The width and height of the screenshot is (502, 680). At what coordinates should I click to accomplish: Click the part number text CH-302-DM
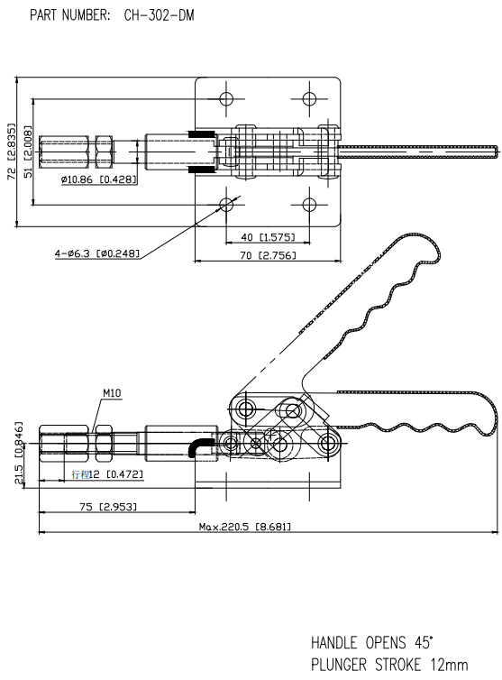tap(159, 15)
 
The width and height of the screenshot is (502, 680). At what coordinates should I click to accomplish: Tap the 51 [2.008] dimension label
tap(28, 152)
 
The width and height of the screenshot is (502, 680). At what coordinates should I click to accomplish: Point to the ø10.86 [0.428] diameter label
tap(98, 179)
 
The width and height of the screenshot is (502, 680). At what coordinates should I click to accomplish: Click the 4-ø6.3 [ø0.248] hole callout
tap(99, 253)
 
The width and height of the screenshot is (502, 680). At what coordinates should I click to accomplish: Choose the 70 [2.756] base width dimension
tap(268, 256)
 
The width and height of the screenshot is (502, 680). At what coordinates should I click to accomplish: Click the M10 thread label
tap(112, 393)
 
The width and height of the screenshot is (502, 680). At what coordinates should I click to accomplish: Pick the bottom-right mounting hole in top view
tap(311, 205)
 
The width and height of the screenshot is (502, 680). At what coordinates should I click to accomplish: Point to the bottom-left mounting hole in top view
tap(225, 205)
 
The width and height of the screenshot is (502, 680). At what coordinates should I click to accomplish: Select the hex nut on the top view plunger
tap(104, 151)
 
